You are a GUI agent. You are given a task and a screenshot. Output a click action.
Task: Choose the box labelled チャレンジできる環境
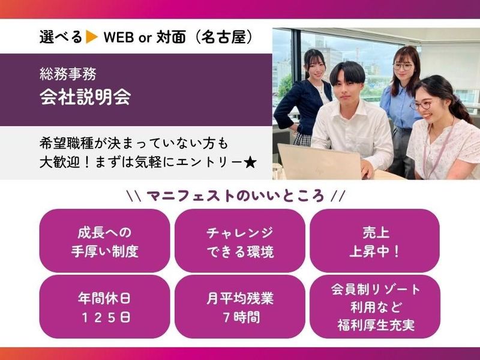[239, 241]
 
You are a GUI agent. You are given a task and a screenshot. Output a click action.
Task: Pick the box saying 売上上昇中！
[374, 241]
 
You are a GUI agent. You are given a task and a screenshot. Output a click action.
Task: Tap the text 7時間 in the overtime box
[239, 316]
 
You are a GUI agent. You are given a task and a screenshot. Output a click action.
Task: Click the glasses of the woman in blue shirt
[402, 67]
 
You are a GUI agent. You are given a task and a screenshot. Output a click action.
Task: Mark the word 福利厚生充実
[374, 327]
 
